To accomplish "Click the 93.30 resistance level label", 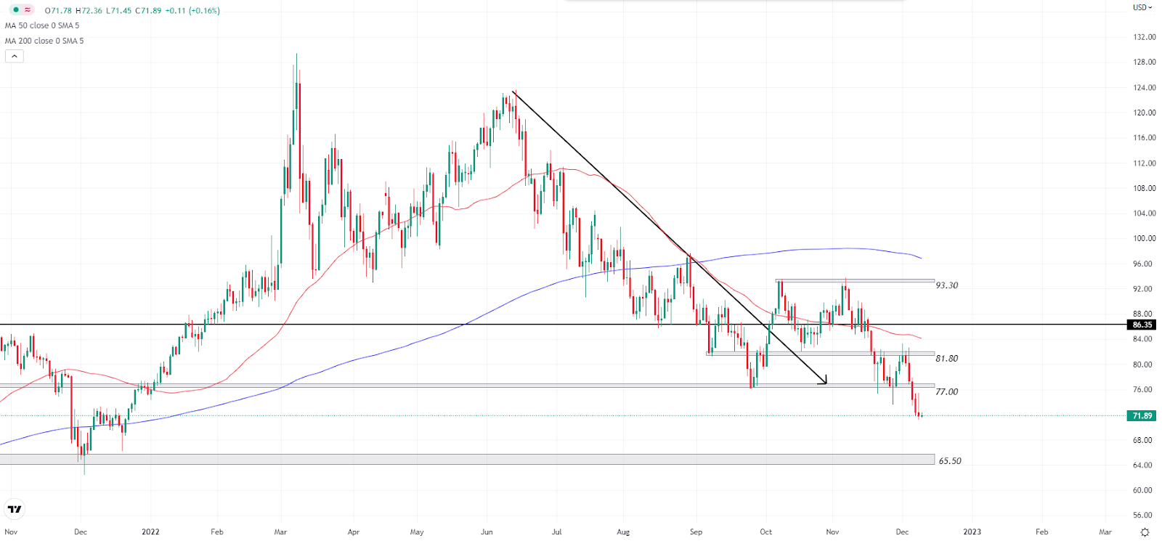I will click(946, 285).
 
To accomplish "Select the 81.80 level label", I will click(946, 359).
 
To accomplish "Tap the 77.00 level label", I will click(946, 392).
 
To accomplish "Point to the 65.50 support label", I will click(949, 461).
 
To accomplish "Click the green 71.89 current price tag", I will click(1142, 416).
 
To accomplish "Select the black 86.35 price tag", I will click(1142, 325).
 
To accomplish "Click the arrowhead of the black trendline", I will click(825, 381).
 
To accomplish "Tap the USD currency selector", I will click(1142, 8).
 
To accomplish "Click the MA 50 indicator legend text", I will click(42, 25).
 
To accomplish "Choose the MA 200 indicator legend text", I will click(44, 41).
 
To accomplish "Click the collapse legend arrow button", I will click(15, 56).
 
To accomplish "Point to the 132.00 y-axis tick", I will click(1144, 37).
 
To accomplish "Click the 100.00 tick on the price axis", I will click(1144, 238).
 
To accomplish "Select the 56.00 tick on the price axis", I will click(1144, 516).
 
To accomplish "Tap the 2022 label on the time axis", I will click(150, 532).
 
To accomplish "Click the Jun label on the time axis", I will click(487, 532).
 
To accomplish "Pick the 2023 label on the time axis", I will click(972, 532).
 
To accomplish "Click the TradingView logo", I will click(15, 509).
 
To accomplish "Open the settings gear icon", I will click(1145, 532).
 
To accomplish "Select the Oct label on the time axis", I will click(765, 532).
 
